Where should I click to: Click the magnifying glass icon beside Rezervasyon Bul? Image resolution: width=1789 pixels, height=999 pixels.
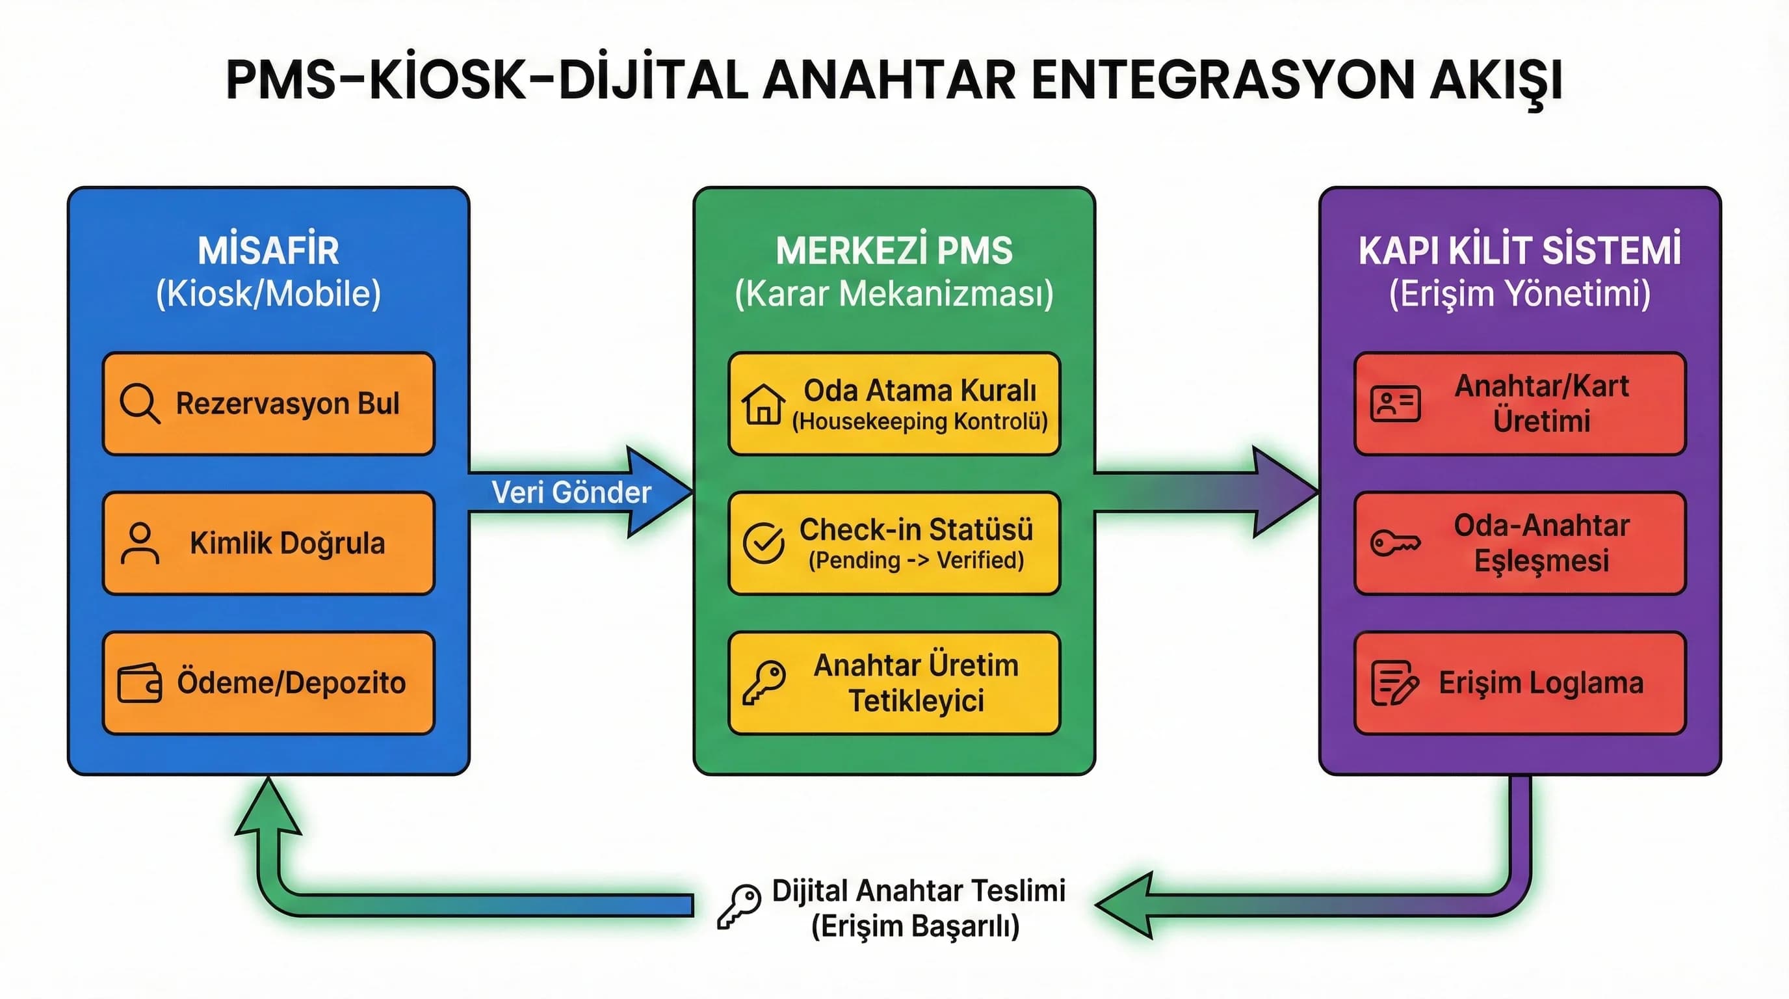[x=140, y=403]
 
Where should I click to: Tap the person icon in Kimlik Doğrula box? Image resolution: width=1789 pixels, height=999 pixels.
[x=140, y=542]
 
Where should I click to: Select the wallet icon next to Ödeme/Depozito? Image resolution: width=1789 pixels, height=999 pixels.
[x=140, y=684]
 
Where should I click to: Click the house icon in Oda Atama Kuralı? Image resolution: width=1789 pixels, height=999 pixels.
[x=763, y=404]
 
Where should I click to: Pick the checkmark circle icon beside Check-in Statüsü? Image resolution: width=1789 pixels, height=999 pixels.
[x=763, y=542]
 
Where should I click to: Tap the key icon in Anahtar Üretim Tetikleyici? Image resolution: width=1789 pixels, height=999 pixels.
[x=763, y=682]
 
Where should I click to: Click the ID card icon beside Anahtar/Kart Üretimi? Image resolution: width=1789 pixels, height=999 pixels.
[x=1395, y=404]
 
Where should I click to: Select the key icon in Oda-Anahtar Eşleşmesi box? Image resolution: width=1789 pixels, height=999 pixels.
[x=1395, y=542]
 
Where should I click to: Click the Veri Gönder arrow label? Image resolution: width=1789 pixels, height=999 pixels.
[x=571, y=492]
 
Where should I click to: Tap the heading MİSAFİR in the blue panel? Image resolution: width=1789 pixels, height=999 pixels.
[x=268, y=251]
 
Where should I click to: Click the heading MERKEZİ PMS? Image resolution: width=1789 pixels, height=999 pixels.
[x=894, y=251]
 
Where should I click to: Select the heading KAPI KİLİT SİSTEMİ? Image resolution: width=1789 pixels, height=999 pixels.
[x=1519, y=251]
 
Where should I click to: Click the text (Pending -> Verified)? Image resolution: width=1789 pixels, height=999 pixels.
[x=916, y=561]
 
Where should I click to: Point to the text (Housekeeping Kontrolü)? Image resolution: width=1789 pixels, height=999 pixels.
[x=919, y=421]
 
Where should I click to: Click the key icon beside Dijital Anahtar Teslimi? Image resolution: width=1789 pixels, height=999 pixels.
[x=739, y=906]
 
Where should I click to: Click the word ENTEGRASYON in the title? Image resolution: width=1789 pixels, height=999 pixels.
[x=1223, y=80]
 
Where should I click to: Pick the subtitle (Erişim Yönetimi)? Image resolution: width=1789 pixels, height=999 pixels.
[x=1519, y=294]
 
